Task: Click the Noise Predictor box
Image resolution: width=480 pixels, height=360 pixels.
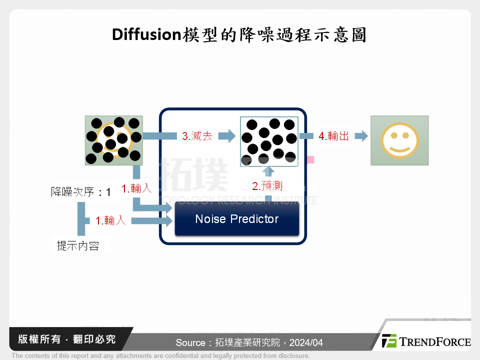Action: (x=236, y=219)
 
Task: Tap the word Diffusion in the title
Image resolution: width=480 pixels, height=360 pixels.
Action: (x=145, y=34)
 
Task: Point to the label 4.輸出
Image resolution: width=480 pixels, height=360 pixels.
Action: (x=333, y=135)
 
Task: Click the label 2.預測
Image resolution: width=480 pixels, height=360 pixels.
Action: (x=267, y=186)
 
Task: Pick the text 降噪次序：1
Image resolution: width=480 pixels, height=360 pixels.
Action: (x=80, y=191)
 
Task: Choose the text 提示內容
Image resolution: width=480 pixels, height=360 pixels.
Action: (x=78, y=245)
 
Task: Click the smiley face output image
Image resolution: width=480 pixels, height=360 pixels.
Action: (x=399, y=140)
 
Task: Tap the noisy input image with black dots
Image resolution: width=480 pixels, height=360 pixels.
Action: (x=113, y=140)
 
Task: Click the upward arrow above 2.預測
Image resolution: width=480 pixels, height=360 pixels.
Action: (x=268, y=171)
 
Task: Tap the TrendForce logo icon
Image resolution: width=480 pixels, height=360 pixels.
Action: (x=389, y=341)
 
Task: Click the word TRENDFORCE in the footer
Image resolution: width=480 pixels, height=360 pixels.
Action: (x=435, y=342)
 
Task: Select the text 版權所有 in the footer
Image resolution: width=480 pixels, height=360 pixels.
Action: (x=37, y=339)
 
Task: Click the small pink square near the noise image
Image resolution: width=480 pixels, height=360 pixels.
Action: (x=310, y=160)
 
